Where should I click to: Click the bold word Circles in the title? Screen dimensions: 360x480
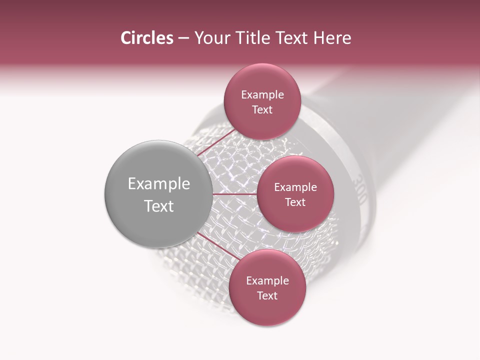(x=146, y=38)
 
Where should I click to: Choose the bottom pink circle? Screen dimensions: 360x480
(x=267, y=310)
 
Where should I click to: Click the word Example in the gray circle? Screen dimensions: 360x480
(x=159, y=184)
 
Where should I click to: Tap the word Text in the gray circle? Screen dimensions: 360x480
(x=159, y=206)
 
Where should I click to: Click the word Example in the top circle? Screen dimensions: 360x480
(x=262, y=95)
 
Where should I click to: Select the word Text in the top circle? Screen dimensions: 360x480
(x=262, y=110)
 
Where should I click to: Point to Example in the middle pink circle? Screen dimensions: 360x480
(x=295, y=187)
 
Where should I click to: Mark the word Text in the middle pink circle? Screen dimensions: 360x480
(x=295, y=202)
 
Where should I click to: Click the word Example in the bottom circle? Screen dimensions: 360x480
(x=267, y=281)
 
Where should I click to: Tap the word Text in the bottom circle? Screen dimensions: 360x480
(x=267, y=296)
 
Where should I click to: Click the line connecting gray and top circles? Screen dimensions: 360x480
(x=216, y=144)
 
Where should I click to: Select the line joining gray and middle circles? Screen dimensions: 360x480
(x=234, y=193)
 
